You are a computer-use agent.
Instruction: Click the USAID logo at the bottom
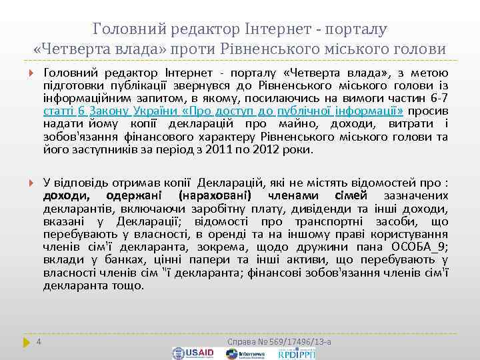[193, 353]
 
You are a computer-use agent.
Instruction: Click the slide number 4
[39, 341]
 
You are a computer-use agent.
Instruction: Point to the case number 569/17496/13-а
[279, 341]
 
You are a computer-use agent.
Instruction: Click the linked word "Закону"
[108, 111]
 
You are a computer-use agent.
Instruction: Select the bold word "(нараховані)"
[214, 195]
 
